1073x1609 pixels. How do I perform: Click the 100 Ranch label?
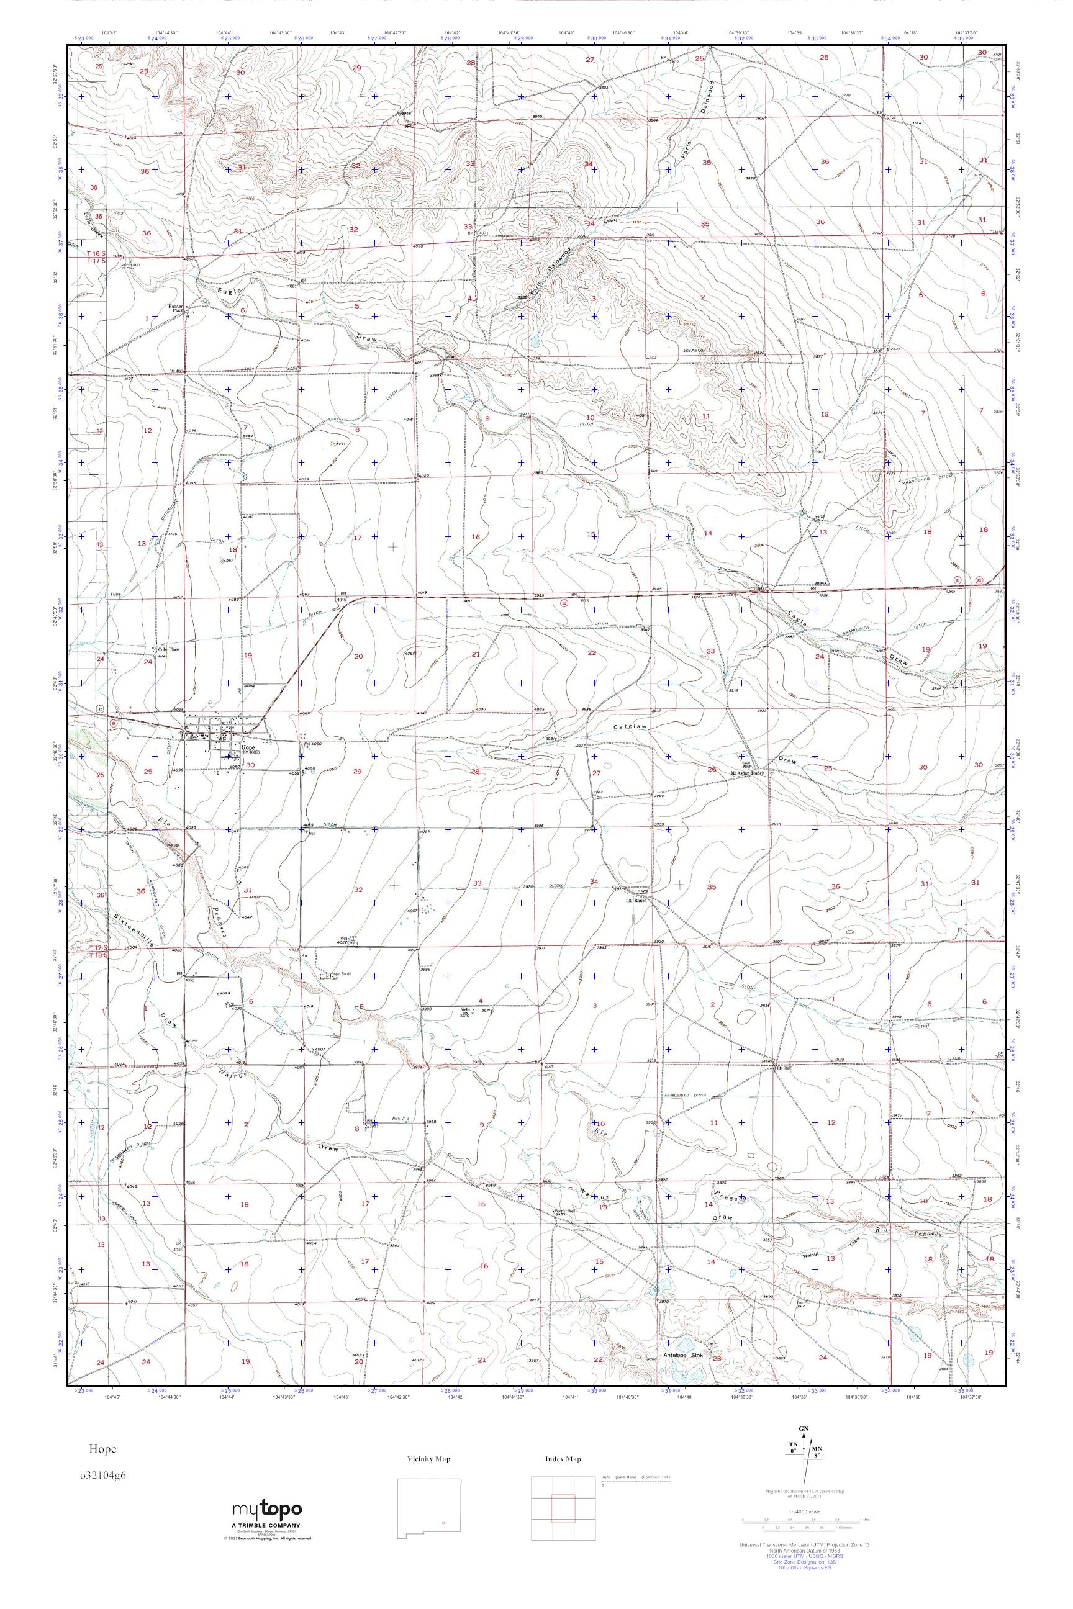636,900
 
